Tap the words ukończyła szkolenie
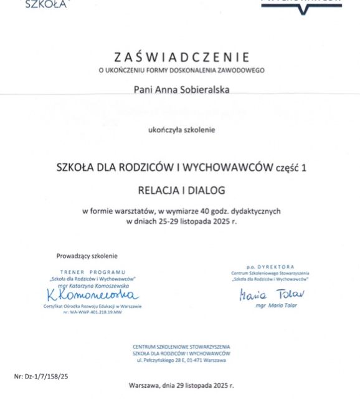(181, 130)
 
